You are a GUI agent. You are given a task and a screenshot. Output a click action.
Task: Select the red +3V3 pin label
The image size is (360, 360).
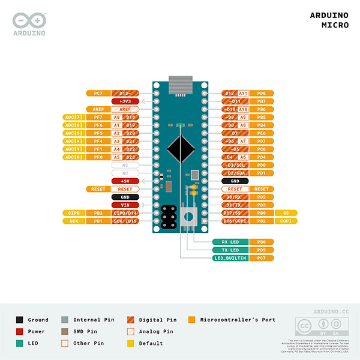click(125, 101)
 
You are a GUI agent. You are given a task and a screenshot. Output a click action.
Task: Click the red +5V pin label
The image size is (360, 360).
click(125, 181)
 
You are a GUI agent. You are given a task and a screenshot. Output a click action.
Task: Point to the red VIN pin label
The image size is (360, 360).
click(125, 205)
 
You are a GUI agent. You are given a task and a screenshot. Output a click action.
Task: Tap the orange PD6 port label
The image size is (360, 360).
click(262, 93)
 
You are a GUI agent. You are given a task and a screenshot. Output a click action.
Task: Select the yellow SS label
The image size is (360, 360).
click(285, 212)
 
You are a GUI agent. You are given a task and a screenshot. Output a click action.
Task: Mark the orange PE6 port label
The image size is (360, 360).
click(262, 133)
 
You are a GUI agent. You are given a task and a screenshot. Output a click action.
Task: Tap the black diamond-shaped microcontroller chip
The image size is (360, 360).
click(180, 147)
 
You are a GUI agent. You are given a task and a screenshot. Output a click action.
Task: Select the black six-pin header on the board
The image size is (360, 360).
click(169, 216)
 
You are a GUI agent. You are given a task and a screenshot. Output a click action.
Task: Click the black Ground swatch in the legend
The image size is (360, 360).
click(20, 320)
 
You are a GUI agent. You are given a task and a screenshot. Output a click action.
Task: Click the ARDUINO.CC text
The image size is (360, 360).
click(331, 312)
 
